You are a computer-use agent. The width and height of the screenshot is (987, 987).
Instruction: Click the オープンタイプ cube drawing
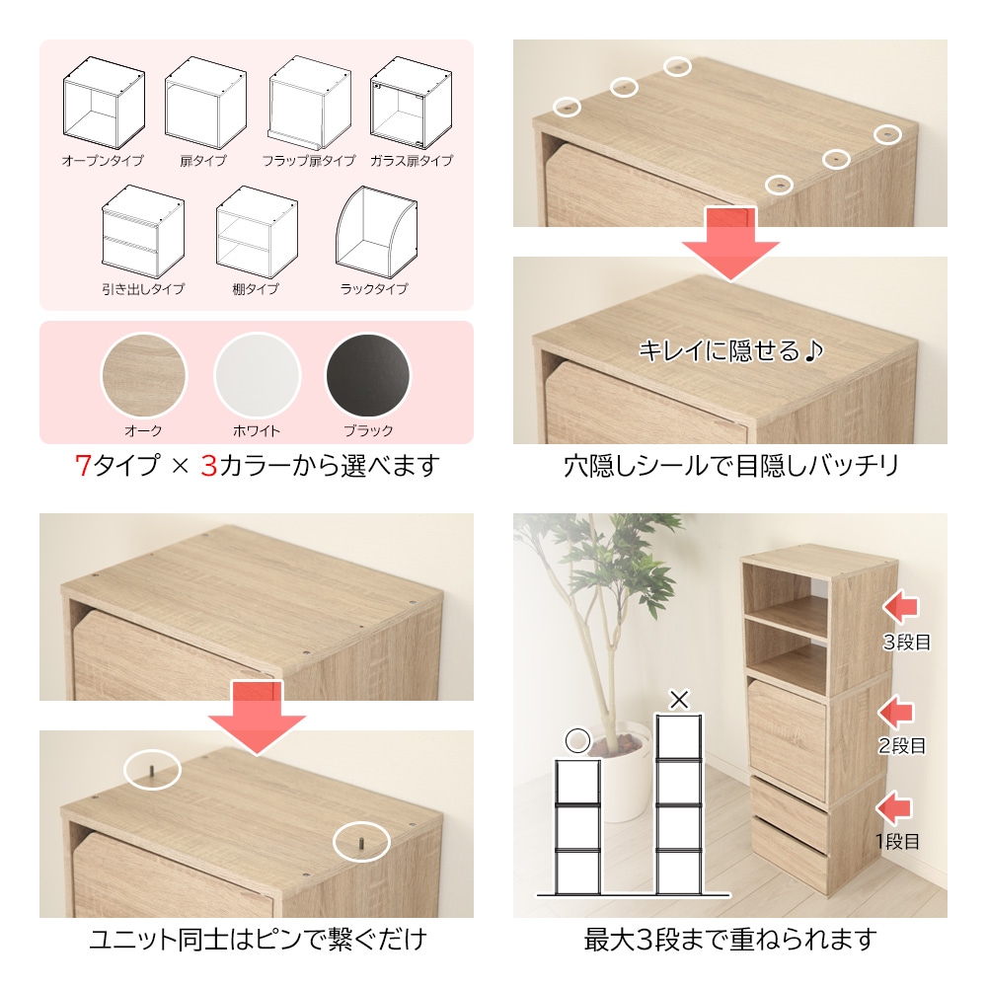104,102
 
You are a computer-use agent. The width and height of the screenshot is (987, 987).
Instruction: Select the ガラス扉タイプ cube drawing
411,103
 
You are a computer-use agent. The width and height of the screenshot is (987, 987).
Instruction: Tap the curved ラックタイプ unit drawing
376,232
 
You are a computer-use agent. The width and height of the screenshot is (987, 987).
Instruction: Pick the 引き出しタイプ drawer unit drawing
143,232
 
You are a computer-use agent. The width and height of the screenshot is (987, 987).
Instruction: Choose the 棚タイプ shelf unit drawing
257,232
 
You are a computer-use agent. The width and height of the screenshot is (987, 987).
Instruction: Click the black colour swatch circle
368,376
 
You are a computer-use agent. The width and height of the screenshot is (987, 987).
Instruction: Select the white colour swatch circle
257,376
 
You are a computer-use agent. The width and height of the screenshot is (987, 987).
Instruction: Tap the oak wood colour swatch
144,376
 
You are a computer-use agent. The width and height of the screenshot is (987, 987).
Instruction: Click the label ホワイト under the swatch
257,431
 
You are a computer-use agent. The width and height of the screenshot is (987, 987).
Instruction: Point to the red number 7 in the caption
83,466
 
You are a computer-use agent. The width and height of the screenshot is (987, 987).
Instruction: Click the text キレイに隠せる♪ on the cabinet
730,350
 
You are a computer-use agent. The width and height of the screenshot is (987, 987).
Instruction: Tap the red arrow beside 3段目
900,607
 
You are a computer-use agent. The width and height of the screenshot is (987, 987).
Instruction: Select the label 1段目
897,842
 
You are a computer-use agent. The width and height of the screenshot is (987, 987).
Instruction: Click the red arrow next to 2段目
896,712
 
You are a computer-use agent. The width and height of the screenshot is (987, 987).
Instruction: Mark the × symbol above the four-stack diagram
679,700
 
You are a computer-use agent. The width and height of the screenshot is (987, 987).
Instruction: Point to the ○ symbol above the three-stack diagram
577,741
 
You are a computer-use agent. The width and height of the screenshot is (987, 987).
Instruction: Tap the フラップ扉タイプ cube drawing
309,103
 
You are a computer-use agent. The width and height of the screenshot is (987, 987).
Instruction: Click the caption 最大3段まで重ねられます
730,940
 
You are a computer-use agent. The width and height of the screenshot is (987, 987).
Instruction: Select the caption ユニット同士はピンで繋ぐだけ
258,940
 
